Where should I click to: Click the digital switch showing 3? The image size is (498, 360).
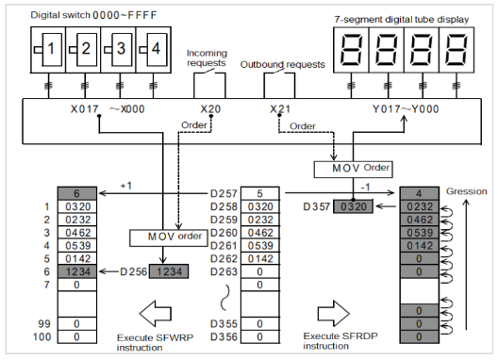pyautogui.click(x=118, y=50)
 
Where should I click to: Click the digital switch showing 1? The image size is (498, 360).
pyautogui.click(x=48, y=50)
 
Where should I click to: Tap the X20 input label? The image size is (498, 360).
pyautogui.click(x=210, y=109)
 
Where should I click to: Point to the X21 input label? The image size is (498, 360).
pyautogui.click(x=280, y=109)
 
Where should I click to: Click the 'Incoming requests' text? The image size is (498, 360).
pyautogui.click(x=207, y=57)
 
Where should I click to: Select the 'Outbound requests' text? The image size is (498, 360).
pyautogui.click(x=283, y=64)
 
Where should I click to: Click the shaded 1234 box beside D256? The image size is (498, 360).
pyautogui.click(x=169, y=271)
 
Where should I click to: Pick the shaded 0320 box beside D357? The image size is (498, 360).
pyautogui.click(x=353, y=206)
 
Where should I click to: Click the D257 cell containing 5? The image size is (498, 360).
pyautogui.click(x=260, y=193)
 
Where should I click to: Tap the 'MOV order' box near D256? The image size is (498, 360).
pyautogui.click(x=169, y=237)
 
